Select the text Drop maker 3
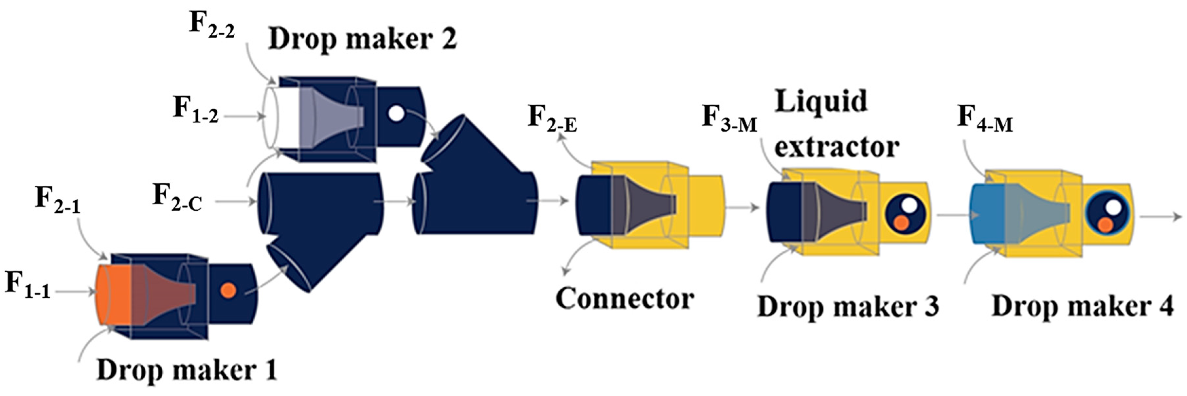click(848, 306)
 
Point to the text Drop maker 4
click(1082, 306)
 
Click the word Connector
click(624, 299)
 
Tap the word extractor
click(836, 147)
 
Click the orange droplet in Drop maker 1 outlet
click(228, 290)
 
